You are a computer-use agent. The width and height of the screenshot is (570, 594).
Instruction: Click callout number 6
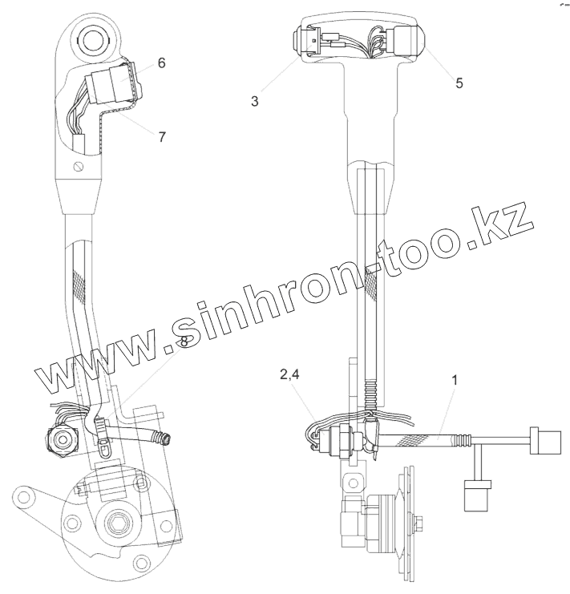[x=161, y=63]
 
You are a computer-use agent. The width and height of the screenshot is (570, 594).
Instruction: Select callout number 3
[x=254, y=102]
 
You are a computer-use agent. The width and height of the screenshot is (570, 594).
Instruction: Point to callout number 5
[x=459, y=83]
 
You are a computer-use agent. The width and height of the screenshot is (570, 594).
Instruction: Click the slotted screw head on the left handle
[x=78, y=166]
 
